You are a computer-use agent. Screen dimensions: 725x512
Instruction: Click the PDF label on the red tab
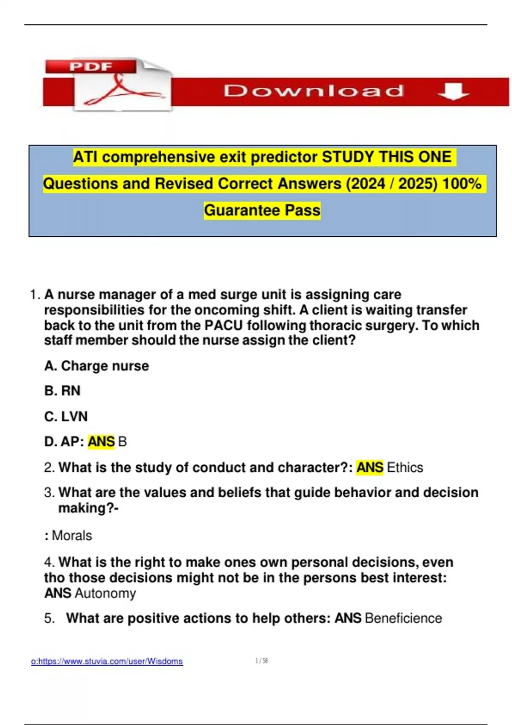pos(91,67)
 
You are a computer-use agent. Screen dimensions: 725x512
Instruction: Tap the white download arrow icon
pos(453,91)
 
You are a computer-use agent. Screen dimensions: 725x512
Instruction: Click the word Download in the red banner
pos(314,91)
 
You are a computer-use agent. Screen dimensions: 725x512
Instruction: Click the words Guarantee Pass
pos(262,210)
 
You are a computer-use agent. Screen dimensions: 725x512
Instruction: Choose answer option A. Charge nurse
pos(97,366)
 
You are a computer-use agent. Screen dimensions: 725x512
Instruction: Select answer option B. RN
pos(62,391)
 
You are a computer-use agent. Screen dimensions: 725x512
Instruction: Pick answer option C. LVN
pos(66,416)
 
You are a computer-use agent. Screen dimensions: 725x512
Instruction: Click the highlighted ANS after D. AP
pos(101,441)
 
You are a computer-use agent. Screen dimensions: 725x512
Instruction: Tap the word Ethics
pos(405,467)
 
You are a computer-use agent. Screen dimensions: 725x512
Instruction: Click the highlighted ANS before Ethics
pos(369,467)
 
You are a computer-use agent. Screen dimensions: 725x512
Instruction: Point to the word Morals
pos(72,536)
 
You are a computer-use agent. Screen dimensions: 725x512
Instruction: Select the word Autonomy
pos(105,593)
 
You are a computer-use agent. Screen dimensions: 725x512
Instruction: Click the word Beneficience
pos(404,618)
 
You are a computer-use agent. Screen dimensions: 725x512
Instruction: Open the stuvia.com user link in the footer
pos(107,661)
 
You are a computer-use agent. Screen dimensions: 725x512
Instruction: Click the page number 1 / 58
pos(262,661)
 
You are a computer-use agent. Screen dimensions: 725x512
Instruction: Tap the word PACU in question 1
pos(224,325)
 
